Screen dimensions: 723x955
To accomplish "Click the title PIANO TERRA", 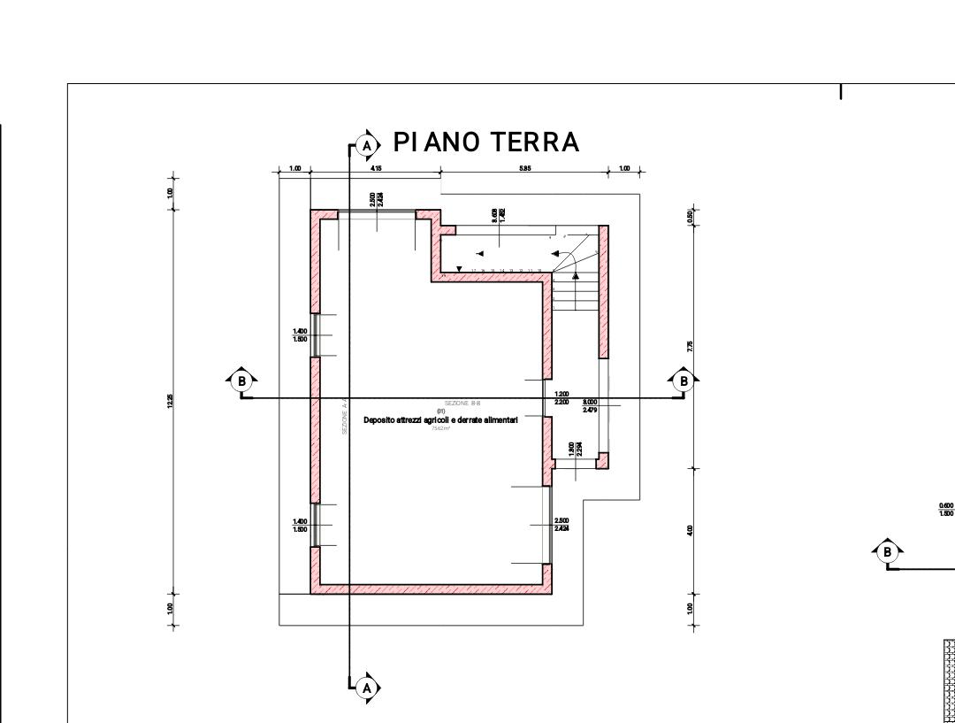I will tap(485, 142).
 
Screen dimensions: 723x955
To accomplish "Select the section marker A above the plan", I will tap(367, 145).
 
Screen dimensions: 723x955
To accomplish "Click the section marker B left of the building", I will tap(241, 381).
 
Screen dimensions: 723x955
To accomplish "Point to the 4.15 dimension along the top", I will tap(376, 168).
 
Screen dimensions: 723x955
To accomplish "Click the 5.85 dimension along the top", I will tap(524, 168).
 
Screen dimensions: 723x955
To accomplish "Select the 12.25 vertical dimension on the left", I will tap(170, 401).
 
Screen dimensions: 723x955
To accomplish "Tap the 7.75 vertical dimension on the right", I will tap(690, 347).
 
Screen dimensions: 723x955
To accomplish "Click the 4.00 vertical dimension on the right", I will tap(690, 530).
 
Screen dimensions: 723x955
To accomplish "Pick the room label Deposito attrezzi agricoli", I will tap(440, 420).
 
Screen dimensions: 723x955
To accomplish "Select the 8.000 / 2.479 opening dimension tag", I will tap(590, 406).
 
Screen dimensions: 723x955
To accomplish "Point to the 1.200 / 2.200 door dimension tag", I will tap(562, 398).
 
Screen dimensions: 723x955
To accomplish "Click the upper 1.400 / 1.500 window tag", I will tap(300, 335).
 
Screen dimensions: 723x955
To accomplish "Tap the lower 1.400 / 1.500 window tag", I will tap(300, 526).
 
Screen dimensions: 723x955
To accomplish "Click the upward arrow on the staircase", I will tap(576, 277).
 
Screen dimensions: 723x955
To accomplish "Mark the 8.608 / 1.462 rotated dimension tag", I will tap(499, 213).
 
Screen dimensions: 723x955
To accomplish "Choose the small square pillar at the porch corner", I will tap(602, 460).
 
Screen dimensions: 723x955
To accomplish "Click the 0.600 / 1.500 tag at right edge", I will tap(946, 509).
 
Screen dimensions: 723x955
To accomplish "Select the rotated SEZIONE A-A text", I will tap(344, 417).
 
